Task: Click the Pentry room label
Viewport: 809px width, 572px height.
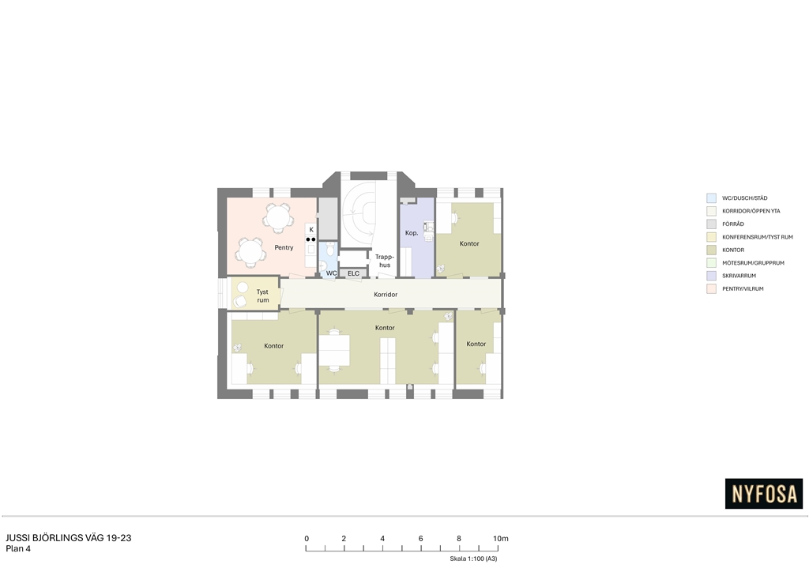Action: [x=284, y=247]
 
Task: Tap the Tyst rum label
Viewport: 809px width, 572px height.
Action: [x=262, y=296]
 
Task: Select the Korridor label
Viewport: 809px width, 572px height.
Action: [x=386, y=295]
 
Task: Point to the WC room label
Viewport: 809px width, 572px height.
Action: [x=331, y=273]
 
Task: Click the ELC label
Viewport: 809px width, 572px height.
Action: [x=353, y=273]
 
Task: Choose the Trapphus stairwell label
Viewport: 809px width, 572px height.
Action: [x=385, y=261]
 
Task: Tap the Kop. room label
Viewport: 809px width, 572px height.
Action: [x=411, y=233]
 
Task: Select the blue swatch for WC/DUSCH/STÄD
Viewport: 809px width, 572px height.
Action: [x=712, y=198]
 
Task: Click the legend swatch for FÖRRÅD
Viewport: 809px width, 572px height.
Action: [x=712, y=224]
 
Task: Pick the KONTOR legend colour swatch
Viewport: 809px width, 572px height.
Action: [x=712, y=250]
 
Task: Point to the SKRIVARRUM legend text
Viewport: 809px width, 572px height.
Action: [x=739, y=276]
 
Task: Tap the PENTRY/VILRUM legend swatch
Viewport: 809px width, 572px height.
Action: [x=712, y=289]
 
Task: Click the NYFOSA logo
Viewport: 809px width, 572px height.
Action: [x=764, y=494]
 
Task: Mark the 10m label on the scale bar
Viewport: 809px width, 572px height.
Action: [x=500, y=539]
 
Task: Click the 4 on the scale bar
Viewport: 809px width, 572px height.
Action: [x=382, y=539]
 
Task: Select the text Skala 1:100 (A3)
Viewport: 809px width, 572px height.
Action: [x=473, y=559]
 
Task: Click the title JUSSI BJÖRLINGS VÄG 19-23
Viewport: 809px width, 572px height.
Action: [x=69, y=538]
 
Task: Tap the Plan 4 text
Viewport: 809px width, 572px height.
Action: [x=18, y=549]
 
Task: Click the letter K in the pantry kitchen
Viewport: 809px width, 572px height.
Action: [x=311, y=230]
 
